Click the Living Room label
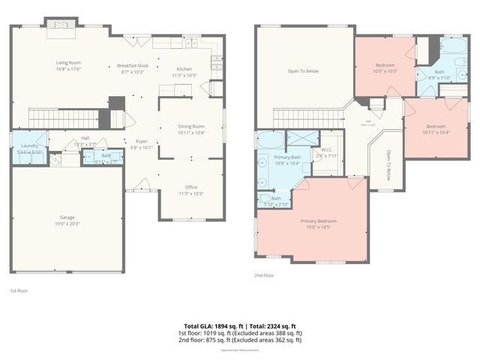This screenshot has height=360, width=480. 67,65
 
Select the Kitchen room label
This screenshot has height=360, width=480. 184,72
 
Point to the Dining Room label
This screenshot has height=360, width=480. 191,129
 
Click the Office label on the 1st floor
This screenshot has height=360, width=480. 190,190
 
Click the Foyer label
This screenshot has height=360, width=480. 141,144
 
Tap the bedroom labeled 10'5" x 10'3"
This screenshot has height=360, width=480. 385,67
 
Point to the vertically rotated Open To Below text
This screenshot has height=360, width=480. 388,166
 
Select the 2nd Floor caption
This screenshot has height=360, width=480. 264,275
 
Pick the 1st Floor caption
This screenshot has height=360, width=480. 19,290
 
